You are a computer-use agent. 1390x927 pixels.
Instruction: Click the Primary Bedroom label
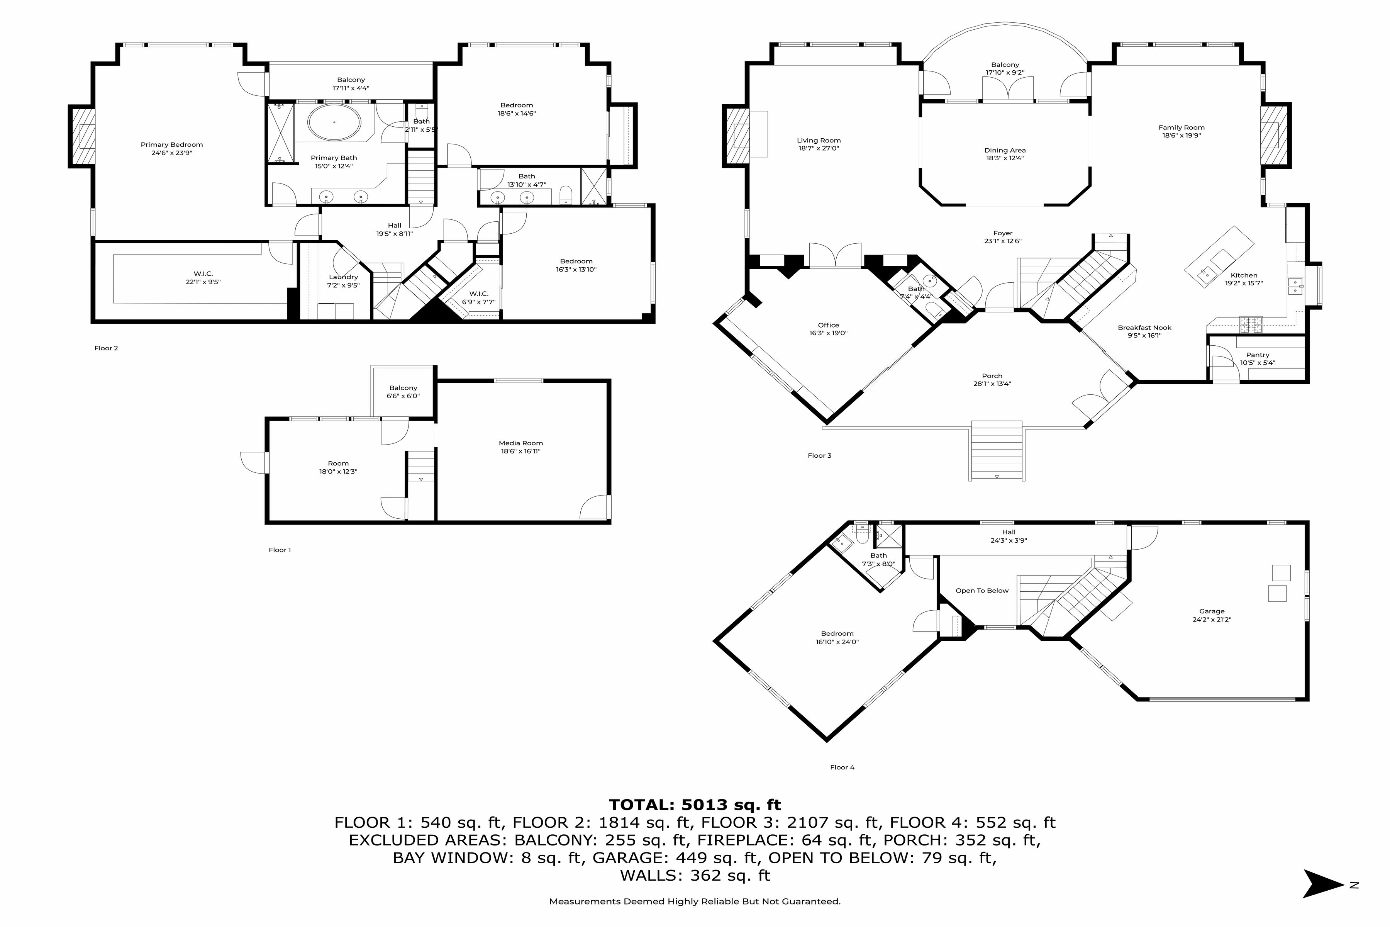coord(171,145)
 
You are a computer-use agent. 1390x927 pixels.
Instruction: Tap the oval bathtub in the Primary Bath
coord(334,122)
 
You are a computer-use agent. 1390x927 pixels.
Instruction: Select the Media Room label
coord(520,443)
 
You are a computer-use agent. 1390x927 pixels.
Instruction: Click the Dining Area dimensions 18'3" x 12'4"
coord(1005,158)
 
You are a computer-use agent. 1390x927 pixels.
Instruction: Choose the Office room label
coord(829,325)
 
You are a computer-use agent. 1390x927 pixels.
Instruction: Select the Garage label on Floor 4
coord(1212,611)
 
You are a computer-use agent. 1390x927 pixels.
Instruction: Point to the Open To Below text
coord(982,591)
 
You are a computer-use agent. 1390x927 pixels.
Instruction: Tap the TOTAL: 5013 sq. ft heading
coord(695,805)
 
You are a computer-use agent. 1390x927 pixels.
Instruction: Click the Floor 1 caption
coord(280,550)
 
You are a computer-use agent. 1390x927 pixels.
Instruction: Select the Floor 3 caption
coord(820,455)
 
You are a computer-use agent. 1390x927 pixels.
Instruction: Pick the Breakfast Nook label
coord(1145,328)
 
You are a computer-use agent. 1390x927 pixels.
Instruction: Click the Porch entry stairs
coord(997,450)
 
